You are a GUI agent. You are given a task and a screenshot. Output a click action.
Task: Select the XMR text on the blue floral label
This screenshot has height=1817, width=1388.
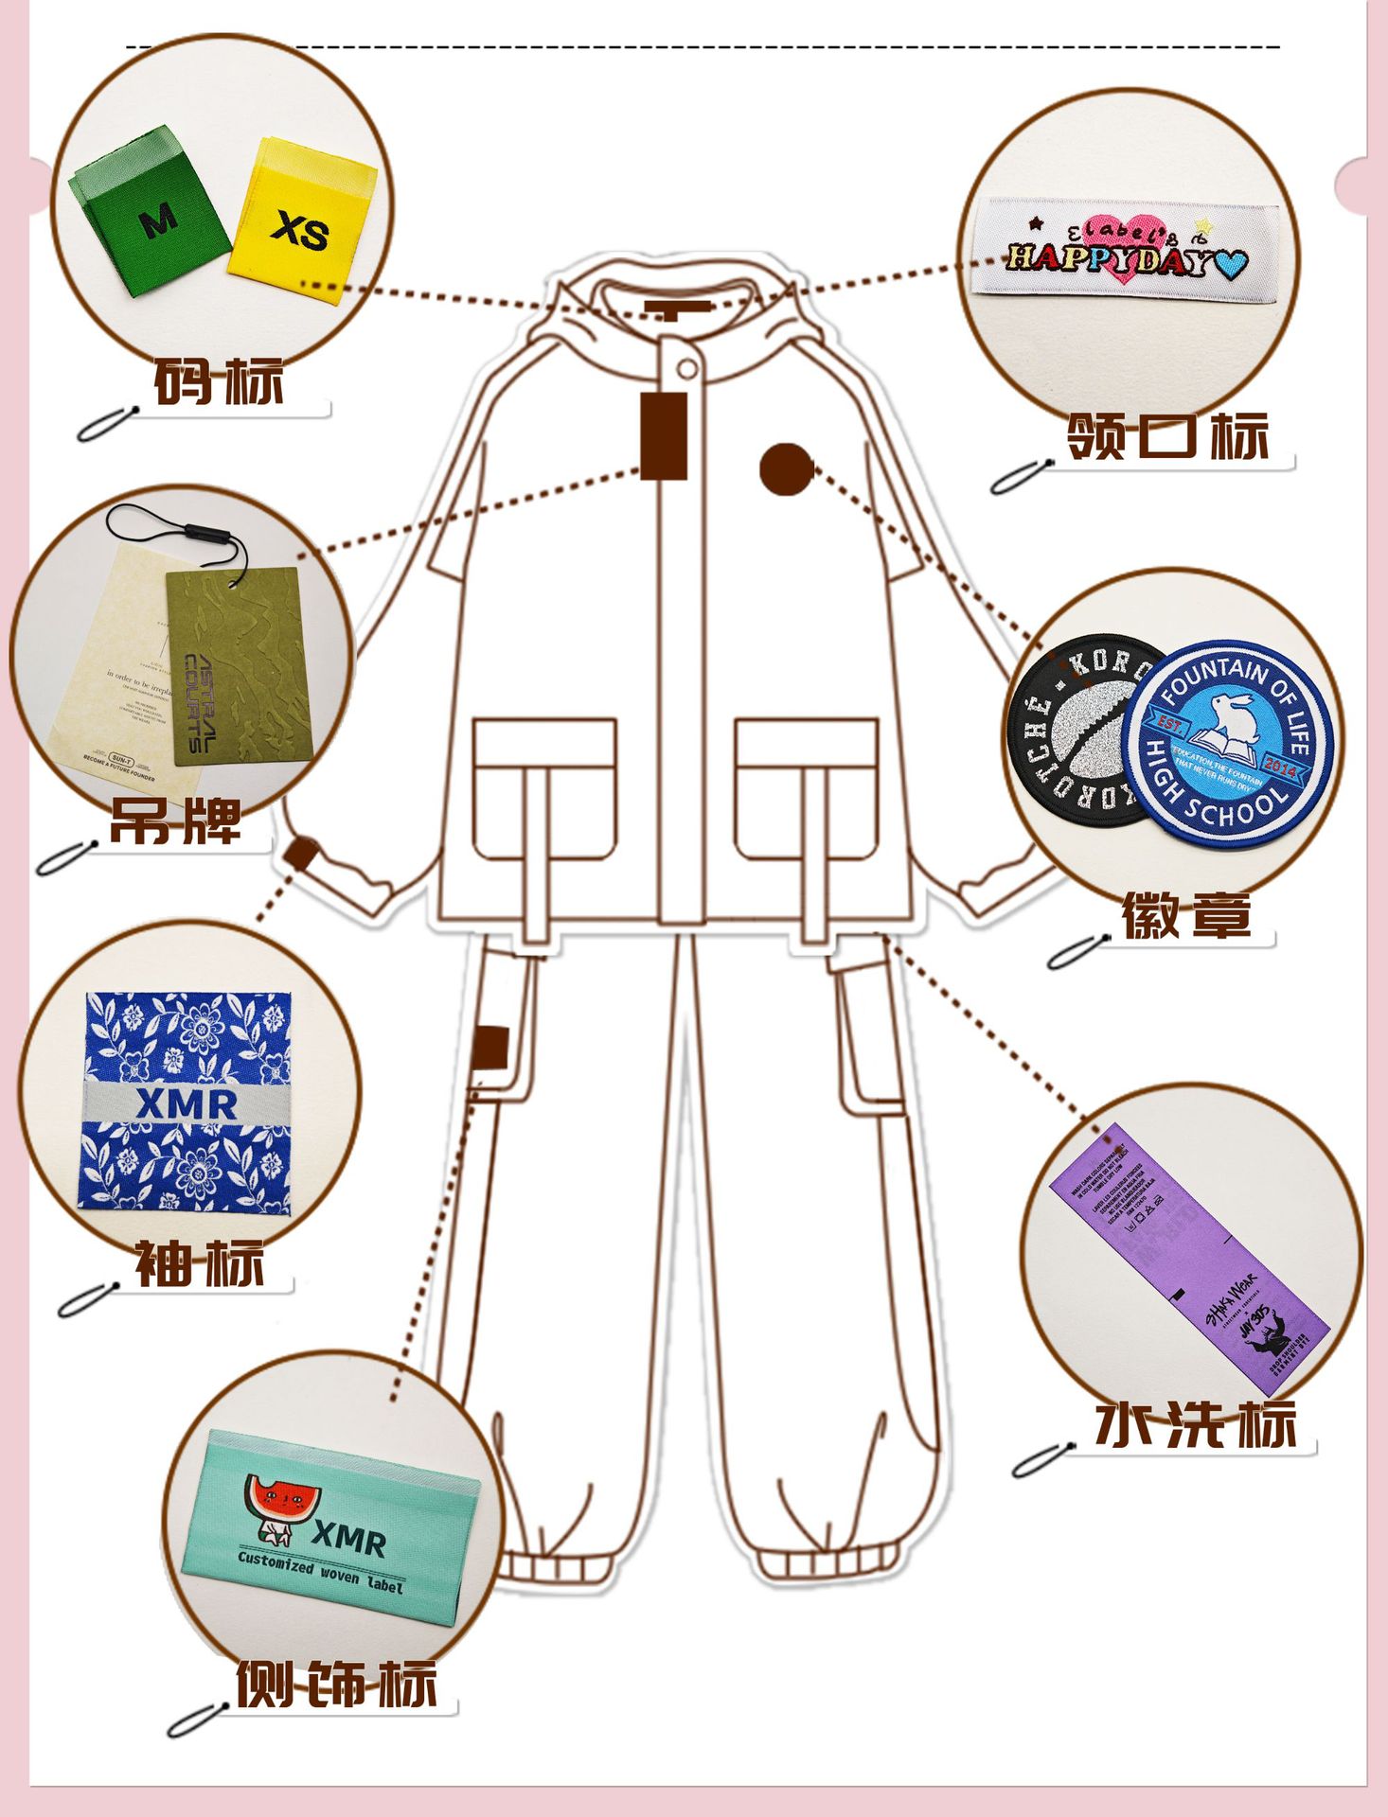[x=187, y=1103]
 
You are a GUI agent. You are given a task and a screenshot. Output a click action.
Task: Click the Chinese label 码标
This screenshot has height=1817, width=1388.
[x=219, y=381]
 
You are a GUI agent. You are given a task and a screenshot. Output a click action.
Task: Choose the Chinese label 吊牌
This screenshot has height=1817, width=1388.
[x=175, y=820]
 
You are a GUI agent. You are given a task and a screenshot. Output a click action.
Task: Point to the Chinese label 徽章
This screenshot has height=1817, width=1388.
[x=1186, y=914]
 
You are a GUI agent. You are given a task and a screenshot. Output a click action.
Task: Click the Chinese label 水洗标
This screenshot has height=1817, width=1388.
[x=1195, y=1425]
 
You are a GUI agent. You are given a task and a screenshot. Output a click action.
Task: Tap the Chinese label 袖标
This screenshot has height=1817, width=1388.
[x=199, y=1262]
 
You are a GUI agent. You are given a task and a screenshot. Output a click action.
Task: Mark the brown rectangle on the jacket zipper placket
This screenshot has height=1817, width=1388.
[x=664, y=436]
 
